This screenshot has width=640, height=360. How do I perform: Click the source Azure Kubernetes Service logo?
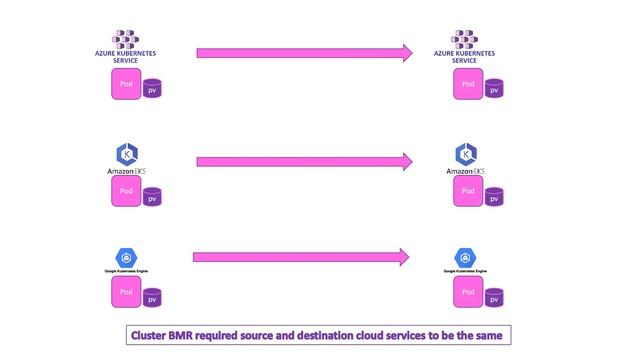[x=125, y=40]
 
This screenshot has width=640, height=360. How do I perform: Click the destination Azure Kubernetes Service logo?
[x=464, y=40]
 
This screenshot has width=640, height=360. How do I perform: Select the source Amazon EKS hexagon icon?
[x=127, y=154]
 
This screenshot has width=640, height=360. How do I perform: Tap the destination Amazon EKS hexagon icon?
[x=466, y=154]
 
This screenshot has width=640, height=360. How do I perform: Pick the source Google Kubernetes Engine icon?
[x=126, y=257]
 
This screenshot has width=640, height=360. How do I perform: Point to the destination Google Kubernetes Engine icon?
[x=464, y=257]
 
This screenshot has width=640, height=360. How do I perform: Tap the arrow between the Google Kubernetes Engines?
[x=300, y=257]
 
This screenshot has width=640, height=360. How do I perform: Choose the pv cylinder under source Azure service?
[x=152, y=89]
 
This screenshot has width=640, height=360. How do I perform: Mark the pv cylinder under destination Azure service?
[x=493, y=89]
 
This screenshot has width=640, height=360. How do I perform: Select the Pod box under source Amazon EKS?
[x=126, y=192]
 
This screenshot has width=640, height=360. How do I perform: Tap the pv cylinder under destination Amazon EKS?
[x=493, y=197]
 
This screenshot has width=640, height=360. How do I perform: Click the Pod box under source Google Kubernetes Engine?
[x=126, y=292]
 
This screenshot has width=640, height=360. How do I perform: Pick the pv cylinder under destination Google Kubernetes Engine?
[x=493, y=297]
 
